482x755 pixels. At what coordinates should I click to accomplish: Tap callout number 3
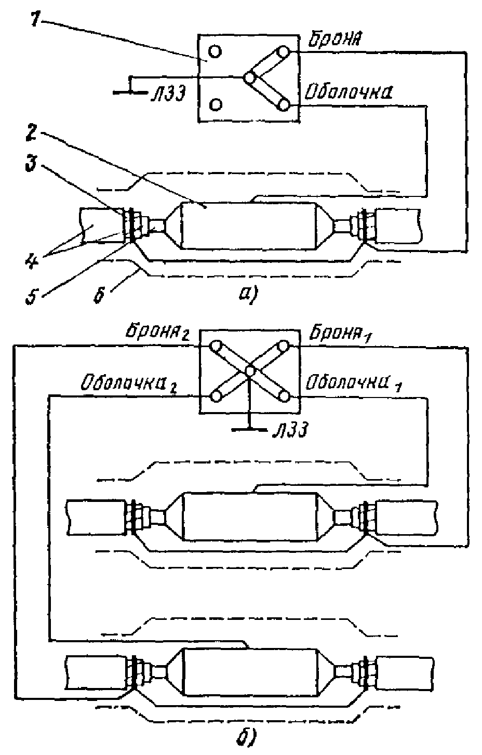click(32, 164)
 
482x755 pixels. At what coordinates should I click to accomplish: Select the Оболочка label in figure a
click(348, 92)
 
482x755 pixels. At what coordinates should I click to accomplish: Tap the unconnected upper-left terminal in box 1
click(215, 51)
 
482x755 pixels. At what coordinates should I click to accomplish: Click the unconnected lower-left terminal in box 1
click(215, 104)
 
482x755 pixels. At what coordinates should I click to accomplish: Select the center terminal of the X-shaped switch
click(250, 371)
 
